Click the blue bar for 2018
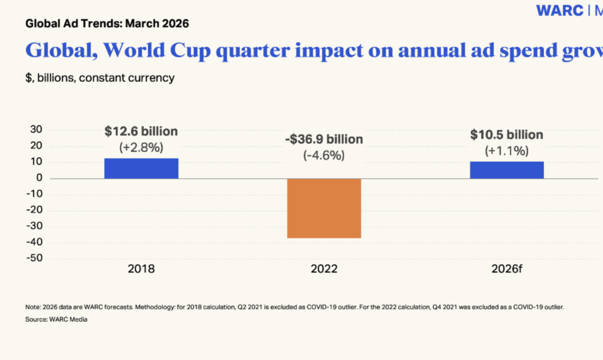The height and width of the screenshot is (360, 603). [x=141, y=169]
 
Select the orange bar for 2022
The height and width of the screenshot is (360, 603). [x=324, y=208]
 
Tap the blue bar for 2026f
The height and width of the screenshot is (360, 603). [x=506, y=170]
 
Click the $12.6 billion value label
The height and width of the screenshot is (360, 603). [x=141, y=131]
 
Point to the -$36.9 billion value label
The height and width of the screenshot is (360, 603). [x=324, y=140]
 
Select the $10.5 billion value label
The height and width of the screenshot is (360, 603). [x=506, y=135]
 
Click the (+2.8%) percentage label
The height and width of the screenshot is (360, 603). [x=141, y=147]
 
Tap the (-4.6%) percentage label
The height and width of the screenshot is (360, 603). [x=324, y=156]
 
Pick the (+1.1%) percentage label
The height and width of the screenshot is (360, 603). [x=506, y=151]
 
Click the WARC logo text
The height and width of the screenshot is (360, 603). [x=559, y=11]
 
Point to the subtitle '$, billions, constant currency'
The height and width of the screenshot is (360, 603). [x=100, y=77]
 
